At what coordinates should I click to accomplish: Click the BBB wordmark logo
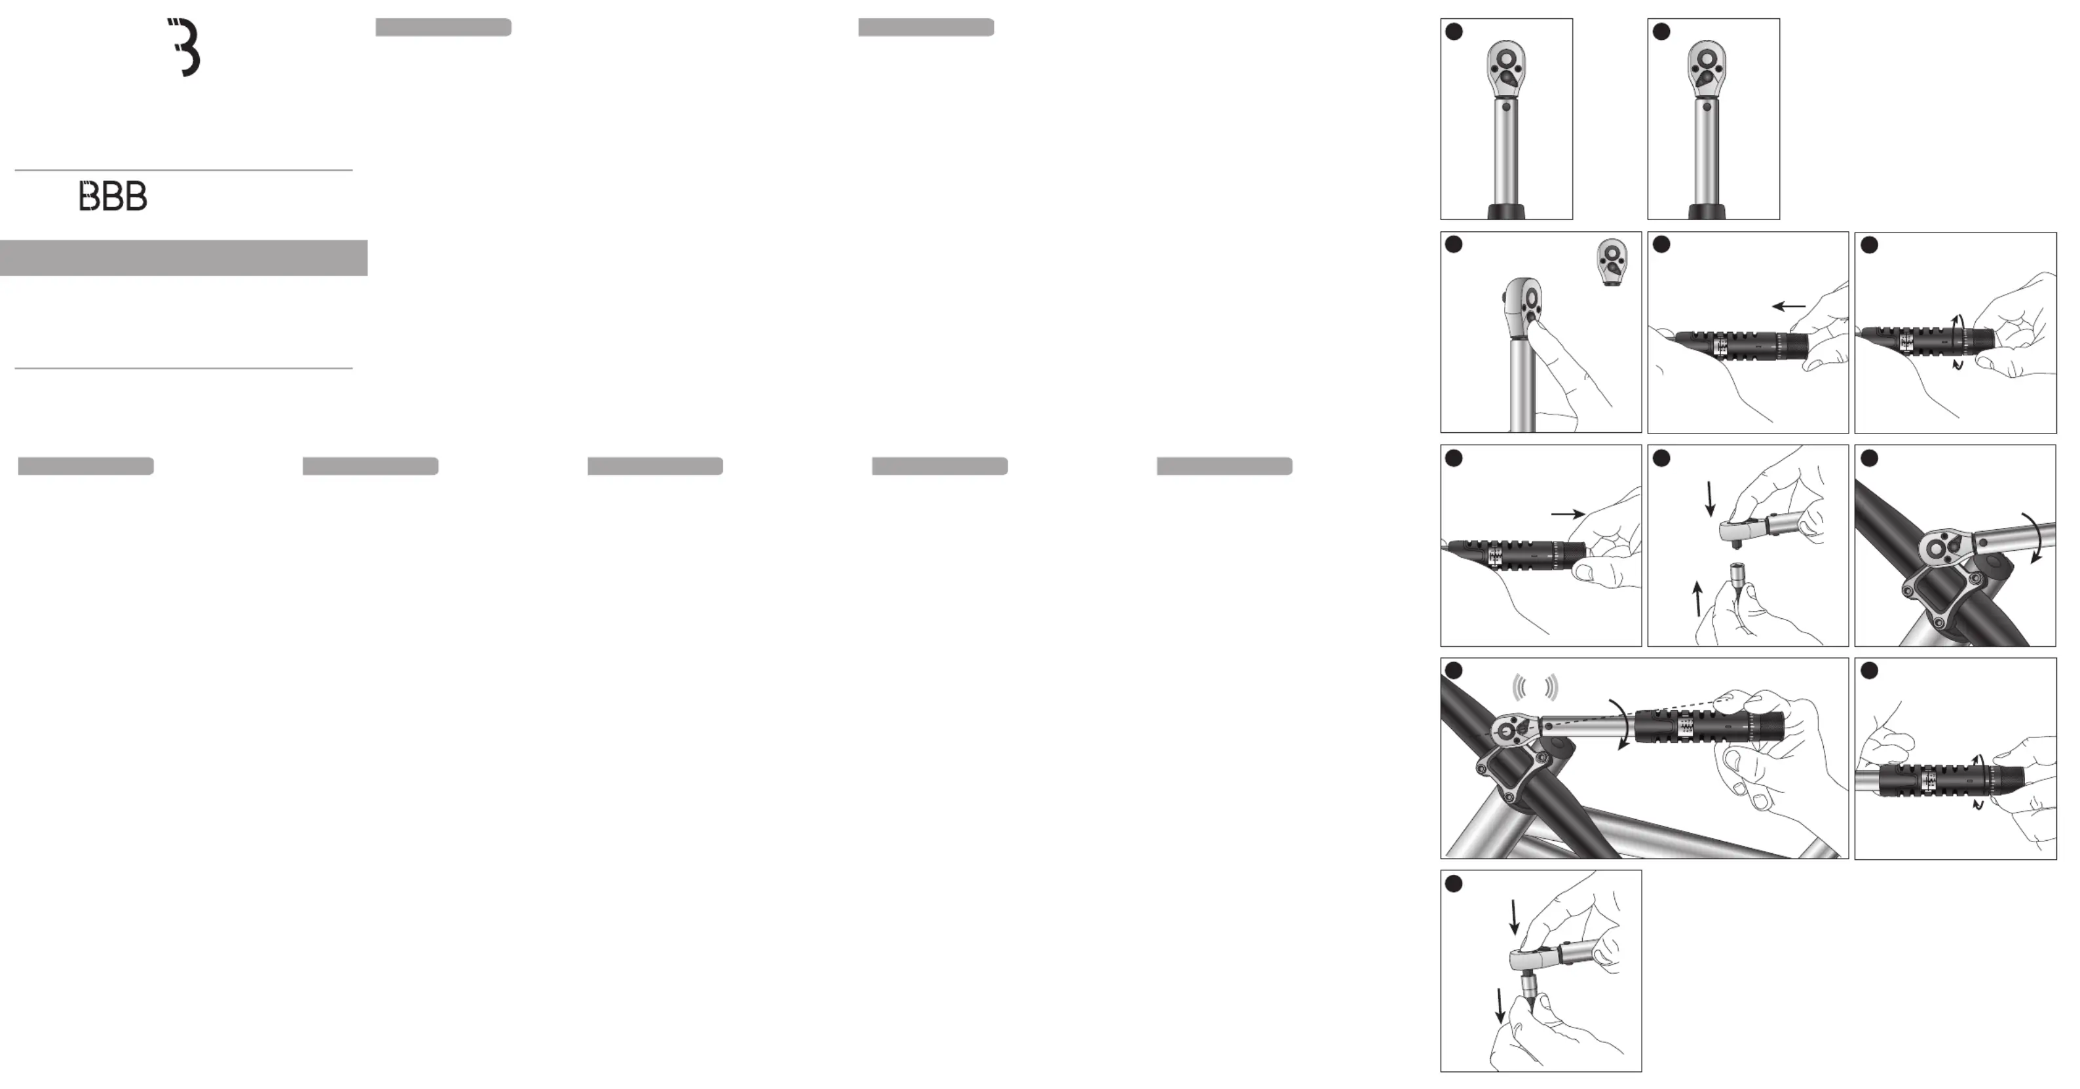point(113,196)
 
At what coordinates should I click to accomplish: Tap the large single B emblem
point(185,48)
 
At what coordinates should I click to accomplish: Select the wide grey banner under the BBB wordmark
point(183,257)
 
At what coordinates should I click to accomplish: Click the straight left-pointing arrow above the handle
point(1788,306)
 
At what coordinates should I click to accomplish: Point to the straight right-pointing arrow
point(1568,513)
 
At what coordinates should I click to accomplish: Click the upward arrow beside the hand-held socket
point(1697,598)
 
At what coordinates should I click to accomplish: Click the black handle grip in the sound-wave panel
point(1709,726)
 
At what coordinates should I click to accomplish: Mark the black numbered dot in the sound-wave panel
point(1454,671)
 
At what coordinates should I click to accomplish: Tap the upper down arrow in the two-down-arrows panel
point(1515,918)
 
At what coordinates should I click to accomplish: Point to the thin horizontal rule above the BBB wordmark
point(183,170)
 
